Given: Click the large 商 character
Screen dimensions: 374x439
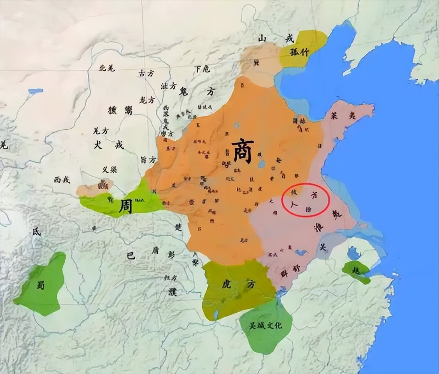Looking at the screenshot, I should click(242, 151).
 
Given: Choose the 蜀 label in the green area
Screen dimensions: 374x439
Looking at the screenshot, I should click(40, 285).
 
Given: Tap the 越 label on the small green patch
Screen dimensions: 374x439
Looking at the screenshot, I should click(356, 270).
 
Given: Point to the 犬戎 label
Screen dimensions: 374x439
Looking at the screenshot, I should click(108, 145).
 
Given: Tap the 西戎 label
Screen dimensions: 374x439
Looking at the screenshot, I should click(61, 180).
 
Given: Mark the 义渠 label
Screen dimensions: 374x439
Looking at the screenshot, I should click(109, 169).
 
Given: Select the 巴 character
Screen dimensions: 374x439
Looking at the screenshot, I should click(130, 256).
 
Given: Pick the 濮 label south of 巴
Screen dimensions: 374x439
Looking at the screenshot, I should click(172, 292).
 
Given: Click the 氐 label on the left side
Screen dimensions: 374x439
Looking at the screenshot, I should click(36, 232).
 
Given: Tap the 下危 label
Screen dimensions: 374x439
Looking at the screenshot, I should click(202, 69).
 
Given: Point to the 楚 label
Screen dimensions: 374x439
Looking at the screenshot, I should click(178, 227).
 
